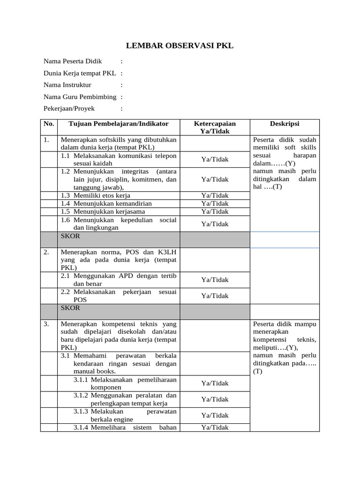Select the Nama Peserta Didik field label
click(x=73, y=61)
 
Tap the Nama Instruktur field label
click(x=67, y=85)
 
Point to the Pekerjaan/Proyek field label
click(x=69, y=108)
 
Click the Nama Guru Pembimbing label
click(x=80, y=97)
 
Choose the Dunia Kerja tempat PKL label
click(x=80, y=73)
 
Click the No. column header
click(x=49, y=124)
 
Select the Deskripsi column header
click(x=285, y=124)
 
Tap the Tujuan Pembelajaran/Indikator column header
click(x=119, y=124)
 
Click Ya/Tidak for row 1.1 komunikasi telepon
click(x=215, y=159)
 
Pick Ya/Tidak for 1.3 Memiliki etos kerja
click(x=215, y=195)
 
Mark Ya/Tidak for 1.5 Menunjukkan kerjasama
click(x=215, y=211)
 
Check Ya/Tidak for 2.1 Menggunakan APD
click(x=215, y=280)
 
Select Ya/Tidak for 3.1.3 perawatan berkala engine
click(x=215, y=415)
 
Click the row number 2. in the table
click(x=46, y=252)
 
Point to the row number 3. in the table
click(x=46, y=324)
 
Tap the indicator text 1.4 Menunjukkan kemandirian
click(x=106, y=203)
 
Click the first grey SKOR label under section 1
click(x=70, y=236)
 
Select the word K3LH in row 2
click(x=166, y=252)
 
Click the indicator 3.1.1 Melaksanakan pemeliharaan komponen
click(x=125, y=383)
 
